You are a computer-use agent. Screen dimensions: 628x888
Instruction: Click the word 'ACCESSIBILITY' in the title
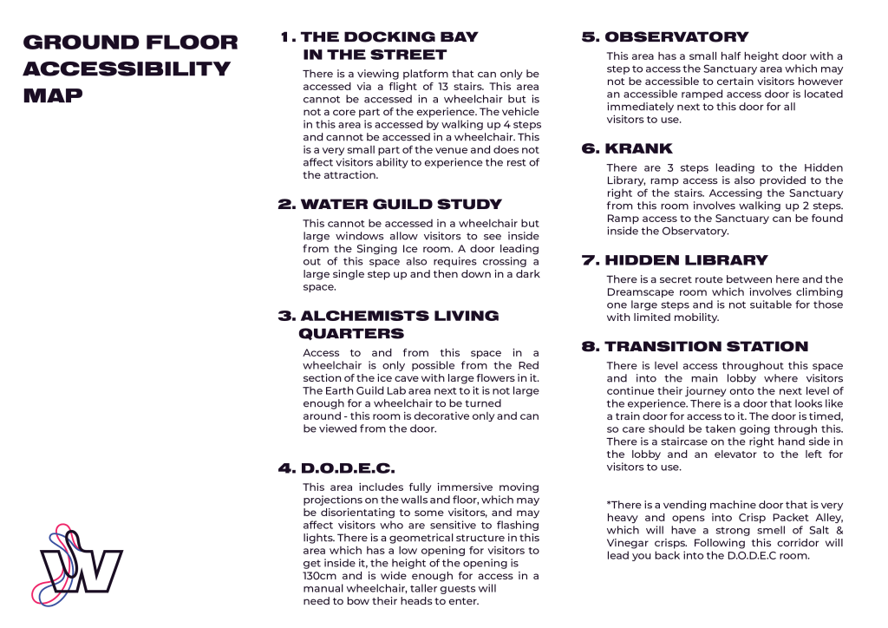click(127, 69)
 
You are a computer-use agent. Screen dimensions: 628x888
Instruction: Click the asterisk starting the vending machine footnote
click(609, 505)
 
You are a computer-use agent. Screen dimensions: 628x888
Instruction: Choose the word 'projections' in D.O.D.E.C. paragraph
click(336, 500)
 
